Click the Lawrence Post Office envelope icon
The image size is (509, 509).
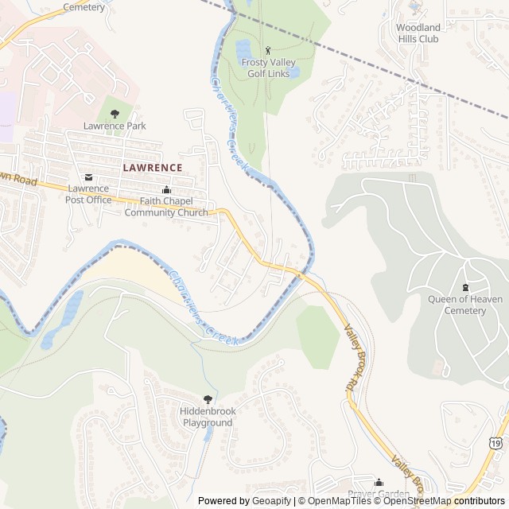coord(88,177)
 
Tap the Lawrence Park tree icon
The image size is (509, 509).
coord(115,114)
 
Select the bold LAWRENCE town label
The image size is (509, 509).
coord(153,168)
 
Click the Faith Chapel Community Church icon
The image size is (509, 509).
coord(166,190)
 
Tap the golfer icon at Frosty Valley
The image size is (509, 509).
coord(267,51)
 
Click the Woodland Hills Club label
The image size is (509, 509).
coord(418,33)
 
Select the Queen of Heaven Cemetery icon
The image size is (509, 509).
coord(465,287)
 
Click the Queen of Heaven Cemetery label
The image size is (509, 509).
coord(465,305)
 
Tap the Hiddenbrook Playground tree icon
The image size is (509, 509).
coord(208,399)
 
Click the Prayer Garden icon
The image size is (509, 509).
coord(379,482)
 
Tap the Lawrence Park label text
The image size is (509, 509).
coord(115,126)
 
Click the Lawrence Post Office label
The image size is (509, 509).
coord(89,194)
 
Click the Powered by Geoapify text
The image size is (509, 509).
coord(244,501)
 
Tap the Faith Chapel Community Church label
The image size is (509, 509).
coord(166,207)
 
